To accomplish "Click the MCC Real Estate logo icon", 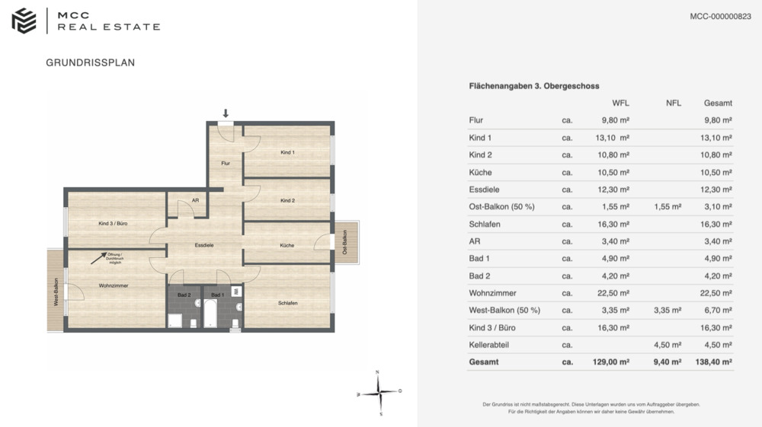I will (24, 21).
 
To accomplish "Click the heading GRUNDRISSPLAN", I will (91, 63).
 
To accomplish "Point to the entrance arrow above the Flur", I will (226, 113).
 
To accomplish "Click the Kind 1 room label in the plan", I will (287, 153).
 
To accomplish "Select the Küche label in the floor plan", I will (287, 246).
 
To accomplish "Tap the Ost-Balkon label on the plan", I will (345, 242).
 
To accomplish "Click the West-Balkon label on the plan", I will (55, 290).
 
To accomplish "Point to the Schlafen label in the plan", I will (287, 303).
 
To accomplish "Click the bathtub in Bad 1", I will (210, 313).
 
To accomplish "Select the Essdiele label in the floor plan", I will (203, 246).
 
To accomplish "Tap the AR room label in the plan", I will (195, 201).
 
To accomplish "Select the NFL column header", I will (673, 104).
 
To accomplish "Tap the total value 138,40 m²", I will (714, 362).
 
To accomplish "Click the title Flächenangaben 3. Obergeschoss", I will (534, 87).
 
